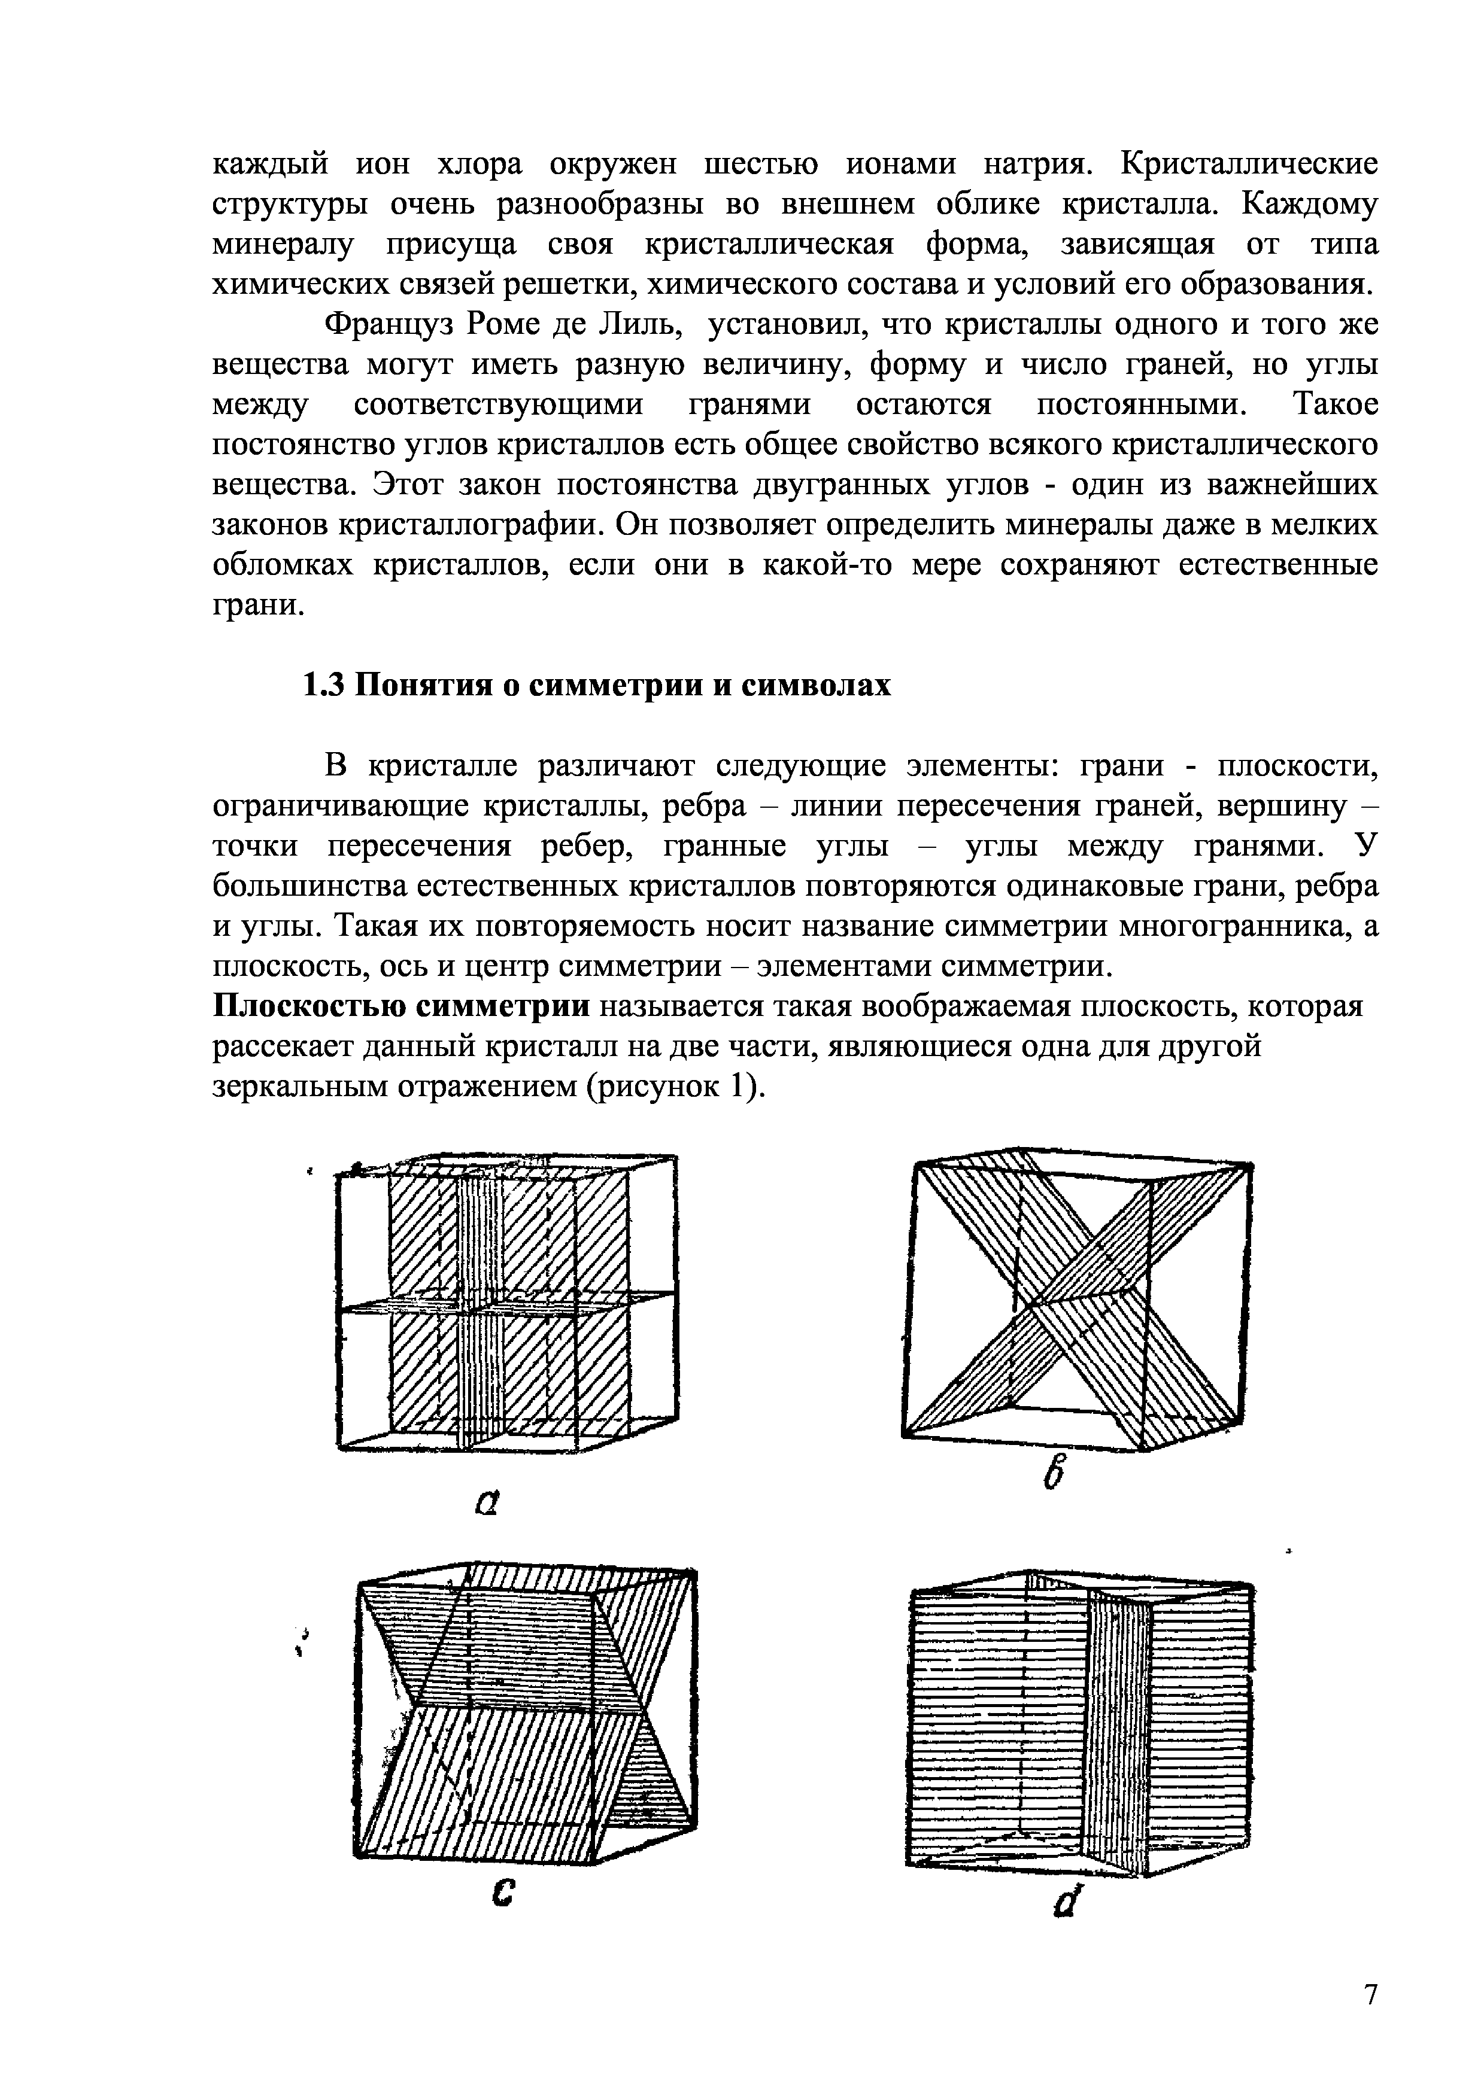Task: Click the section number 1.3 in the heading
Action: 322,684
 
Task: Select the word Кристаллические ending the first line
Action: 1249,165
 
